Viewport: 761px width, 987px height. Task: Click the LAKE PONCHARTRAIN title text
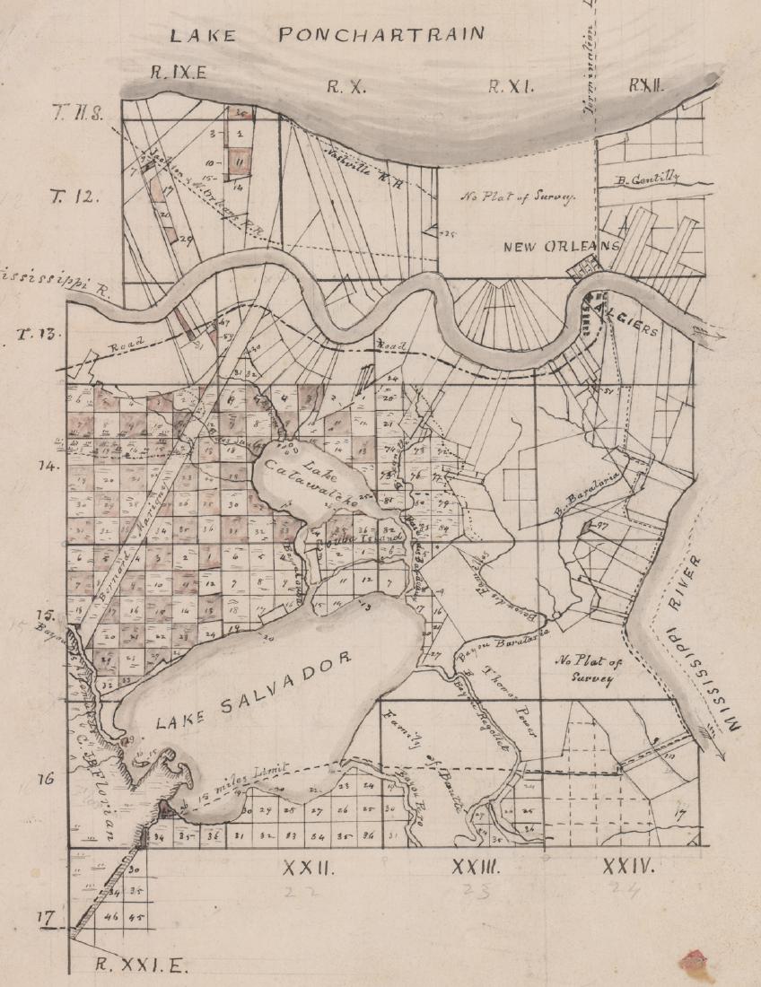tap(328, 35)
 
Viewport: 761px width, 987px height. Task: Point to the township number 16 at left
tap(48, 777)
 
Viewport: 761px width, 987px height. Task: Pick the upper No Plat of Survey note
tap(518, 197)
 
